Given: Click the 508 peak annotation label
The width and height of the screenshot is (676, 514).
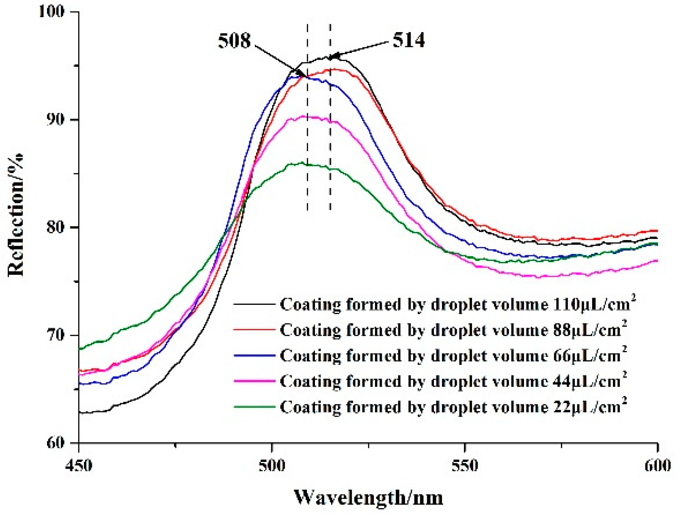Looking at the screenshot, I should pyautogui.click(x=234, y=41).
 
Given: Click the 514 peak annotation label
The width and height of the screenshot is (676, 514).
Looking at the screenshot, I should pyautogui.click(x=408, y=40).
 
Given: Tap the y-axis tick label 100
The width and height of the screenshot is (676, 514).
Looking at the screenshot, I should pyautogui.click(x=52, y=11).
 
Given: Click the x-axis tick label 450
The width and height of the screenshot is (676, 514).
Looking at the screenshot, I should pyautogui.click(x=79, y=465).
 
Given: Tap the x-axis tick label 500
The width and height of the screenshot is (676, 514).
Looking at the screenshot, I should pyautogui.click(x=272, y=465).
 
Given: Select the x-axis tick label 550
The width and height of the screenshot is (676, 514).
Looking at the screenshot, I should pyautogui.click(x=465, y=465).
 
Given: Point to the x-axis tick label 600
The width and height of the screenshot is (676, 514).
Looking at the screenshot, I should pyautogui.click(x=657, y=465).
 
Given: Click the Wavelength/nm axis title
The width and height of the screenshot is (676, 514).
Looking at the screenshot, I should pyautogui.click(x=368, y=497).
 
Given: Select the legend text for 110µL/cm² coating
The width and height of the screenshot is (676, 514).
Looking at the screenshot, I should pyautogui.click(x=457, y=304).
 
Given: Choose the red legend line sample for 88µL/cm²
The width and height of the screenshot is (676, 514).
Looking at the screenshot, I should pyautogui.click(x=254, y=329).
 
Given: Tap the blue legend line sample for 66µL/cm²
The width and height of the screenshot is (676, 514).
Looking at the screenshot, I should pyautogui.click(x=254, y=355).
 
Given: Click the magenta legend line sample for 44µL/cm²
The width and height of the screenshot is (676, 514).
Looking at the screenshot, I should pyautogui.click(x=254, y=381).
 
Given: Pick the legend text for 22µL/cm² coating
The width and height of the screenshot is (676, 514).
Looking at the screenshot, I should pyautogui.click(x=453, y=407).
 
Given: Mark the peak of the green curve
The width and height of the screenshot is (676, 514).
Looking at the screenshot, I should pyautogui.click(x=302, y=163).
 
